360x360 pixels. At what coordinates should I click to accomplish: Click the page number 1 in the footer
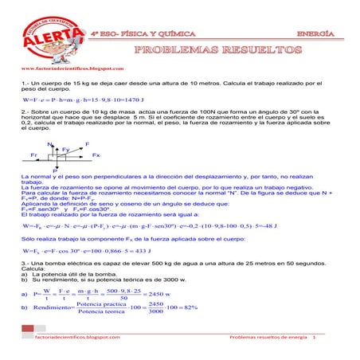point(315,338)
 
